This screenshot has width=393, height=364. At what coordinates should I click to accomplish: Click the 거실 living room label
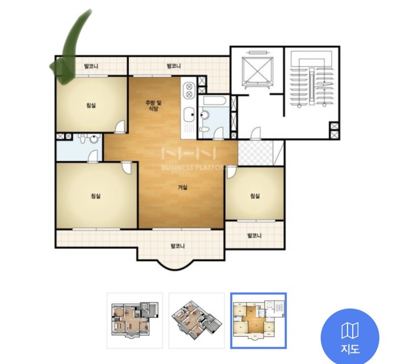183,187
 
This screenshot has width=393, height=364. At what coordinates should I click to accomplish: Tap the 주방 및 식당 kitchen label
154,105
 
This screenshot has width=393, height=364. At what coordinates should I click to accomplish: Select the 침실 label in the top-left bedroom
91,105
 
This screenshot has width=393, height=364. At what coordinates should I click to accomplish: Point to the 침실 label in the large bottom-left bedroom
96,196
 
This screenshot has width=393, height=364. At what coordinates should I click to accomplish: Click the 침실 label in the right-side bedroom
255,196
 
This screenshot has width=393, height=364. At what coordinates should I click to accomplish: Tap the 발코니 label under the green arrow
91,66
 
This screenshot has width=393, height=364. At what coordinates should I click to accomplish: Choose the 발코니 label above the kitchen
173,66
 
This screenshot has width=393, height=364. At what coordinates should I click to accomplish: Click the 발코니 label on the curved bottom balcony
178,246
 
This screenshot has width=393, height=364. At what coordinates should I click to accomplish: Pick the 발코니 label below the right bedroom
254,236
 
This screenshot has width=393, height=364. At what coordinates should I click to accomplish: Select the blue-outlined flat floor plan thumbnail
258,321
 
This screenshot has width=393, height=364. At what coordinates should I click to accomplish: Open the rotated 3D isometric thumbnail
196,321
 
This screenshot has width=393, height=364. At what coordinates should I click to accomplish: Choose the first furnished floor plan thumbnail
135,321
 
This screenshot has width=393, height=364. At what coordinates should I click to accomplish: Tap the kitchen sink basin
189,115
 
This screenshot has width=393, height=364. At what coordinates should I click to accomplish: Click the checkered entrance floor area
255,152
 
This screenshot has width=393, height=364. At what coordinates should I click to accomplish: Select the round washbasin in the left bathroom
94,139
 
